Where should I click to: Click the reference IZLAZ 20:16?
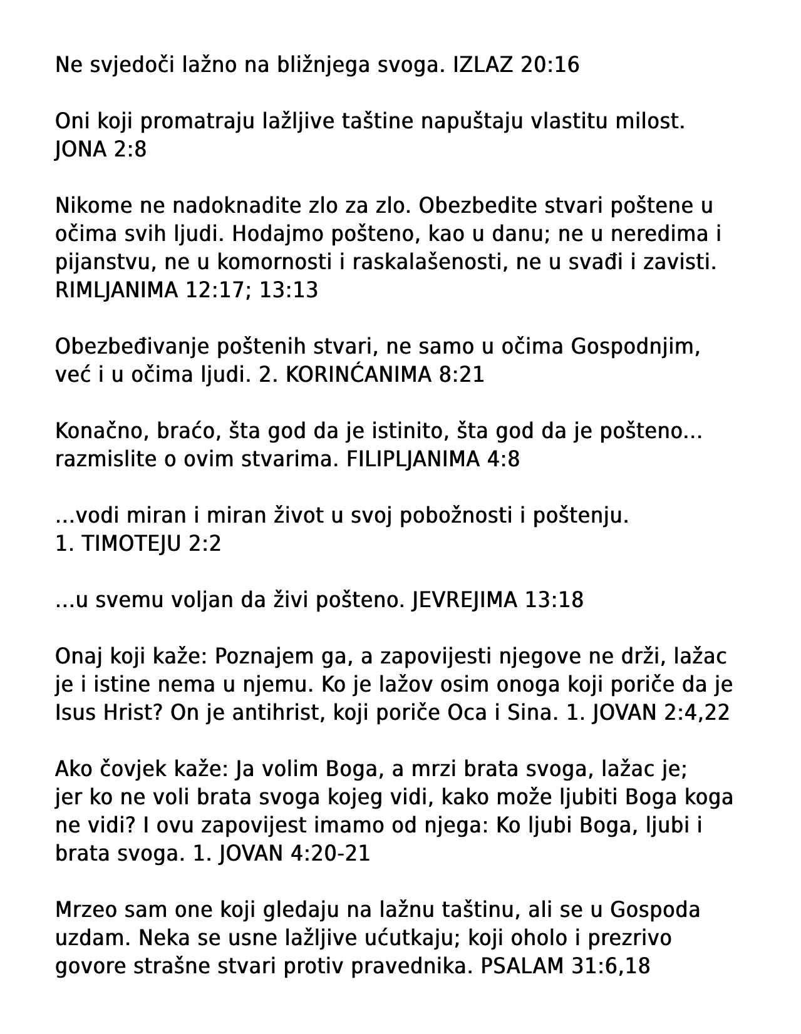click(516, 64)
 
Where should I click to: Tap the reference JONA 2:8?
click(101, 150)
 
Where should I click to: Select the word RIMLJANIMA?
click(116, 290)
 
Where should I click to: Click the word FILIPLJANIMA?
click(413, 459)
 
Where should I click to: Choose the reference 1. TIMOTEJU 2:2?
click(138, 544)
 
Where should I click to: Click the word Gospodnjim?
click(634, 347)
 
